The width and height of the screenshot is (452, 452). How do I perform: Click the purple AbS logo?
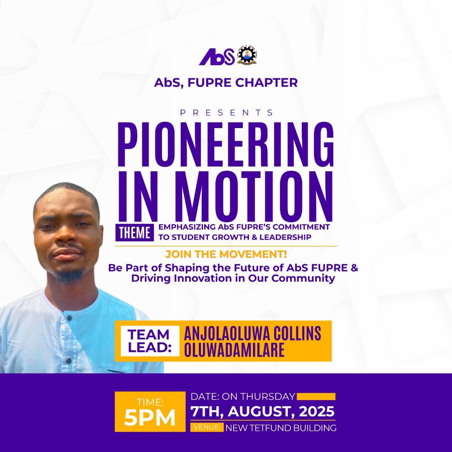(x=216, y=56)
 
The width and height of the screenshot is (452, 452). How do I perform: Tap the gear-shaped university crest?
(x=247, y=55)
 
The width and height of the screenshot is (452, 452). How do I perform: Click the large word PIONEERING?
(x=226, y=141)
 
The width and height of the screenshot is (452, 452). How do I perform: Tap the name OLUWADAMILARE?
(x=234, y=350)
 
